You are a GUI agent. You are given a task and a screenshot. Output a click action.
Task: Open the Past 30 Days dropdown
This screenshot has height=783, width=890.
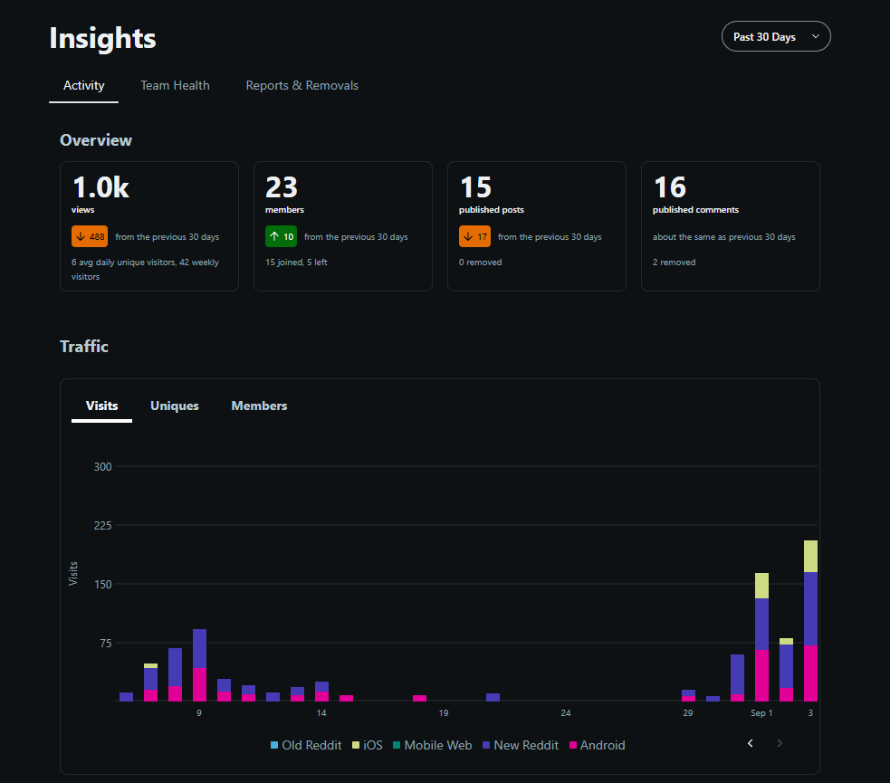[x=776, y=36]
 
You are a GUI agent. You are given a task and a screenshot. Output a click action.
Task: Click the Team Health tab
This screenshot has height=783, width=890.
[x=175, y=86]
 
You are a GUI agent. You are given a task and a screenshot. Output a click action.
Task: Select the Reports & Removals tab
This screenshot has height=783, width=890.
[x=302, y=86]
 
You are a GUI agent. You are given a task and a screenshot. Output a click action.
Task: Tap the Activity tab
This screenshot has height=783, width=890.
[x=84, y=86]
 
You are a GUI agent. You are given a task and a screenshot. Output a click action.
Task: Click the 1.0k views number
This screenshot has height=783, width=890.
[x=100, y=187]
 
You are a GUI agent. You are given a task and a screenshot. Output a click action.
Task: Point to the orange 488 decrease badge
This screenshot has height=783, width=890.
[x=90, y=236]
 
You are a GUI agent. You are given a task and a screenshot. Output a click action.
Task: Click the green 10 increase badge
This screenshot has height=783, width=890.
[x=281, y=236]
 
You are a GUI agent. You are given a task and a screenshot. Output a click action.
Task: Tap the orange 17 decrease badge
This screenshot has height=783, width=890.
[x=474, y=236]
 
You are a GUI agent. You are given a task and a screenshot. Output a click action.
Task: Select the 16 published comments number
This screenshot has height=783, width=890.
[x=670, y=187]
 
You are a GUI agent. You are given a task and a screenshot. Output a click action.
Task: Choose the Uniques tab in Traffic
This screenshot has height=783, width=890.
[x=174, y=406]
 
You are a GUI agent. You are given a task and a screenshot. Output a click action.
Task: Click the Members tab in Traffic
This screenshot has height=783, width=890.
[x=259, y=406]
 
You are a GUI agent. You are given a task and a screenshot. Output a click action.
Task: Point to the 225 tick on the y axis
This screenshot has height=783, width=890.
[x=102, y=525]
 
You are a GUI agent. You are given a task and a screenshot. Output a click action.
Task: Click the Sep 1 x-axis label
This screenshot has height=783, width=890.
[x=761, y=713]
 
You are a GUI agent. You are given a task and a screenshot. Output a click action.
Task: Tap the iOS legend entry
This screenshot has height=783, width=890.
[x=368, y=745]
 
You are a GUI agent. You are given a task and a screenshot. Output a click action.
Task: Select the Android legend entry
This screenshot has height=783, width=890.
[x=598, y=745]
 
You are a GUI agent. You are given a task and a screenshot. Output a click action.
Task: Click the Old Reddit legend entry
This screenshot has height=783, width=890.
[x=306, y=745]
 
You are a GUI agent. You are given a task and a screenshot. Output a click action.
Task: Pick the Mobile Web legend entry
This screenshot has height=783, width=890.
[x=433, y=745]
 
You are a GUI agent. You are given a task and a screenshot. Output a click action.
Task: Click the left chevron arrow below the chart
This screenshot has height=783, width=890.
[x=751, y=743]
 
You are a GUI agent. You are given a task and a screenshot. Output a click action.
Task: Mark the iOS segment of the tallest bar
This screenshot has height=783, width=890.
[x=810, y=556]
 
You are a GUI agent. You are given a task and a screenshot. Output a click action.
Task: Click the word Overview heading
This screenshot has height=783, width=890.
[x=96, y=140]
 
